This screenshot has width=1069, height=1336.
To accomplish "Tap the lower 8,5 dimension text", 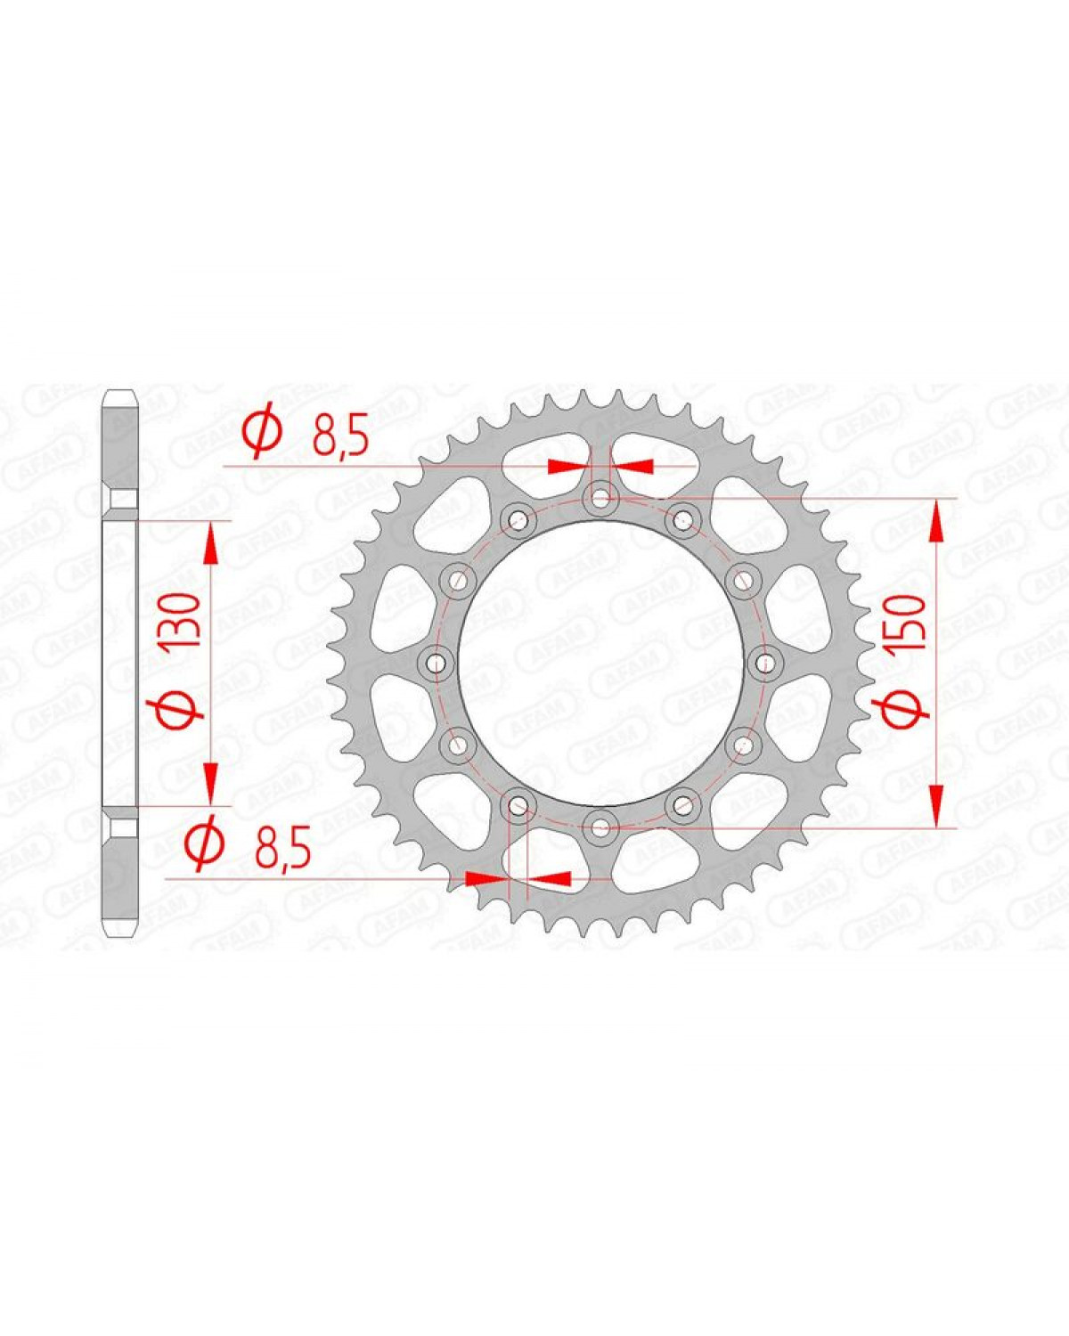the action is click(x=282, y=851).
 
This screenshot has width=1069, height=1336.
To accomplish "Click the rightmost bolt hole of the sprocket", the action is click(x=760, y=661).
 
